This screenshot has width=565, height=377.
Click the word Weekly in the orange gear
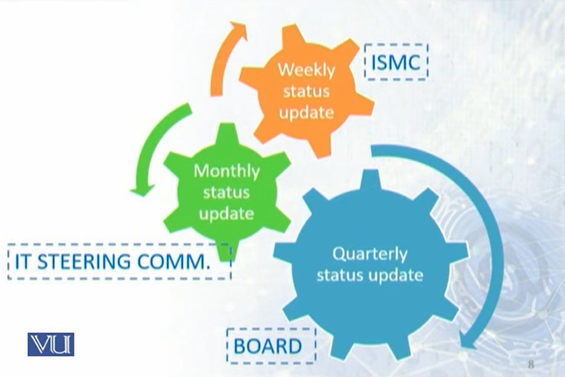(306, 70)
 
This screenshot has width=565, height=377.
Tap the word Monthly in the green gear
(226, 171)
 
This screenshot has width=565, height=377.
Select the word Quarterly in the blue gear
(370, 254)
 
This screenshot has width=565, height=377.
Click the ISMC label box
(396, 62)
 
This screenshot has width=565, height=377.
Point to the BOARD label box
(271, 346)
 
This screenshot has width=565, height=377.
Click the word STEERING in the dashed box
(84, 262)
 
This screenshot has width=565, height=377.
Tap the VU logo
(51, 345)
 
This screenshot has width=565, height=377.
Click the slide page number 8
(531, 364)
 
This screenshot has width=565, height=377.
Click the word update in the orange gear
(306, 113)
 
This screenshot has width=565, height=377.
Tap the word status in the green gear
(226, 192)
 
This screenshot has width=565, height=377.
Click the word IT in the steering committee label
(22, 262)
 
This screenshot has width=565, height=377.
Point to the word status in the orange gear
(306, 91)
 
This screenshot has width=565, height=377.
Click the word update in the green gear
(226, 214)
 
